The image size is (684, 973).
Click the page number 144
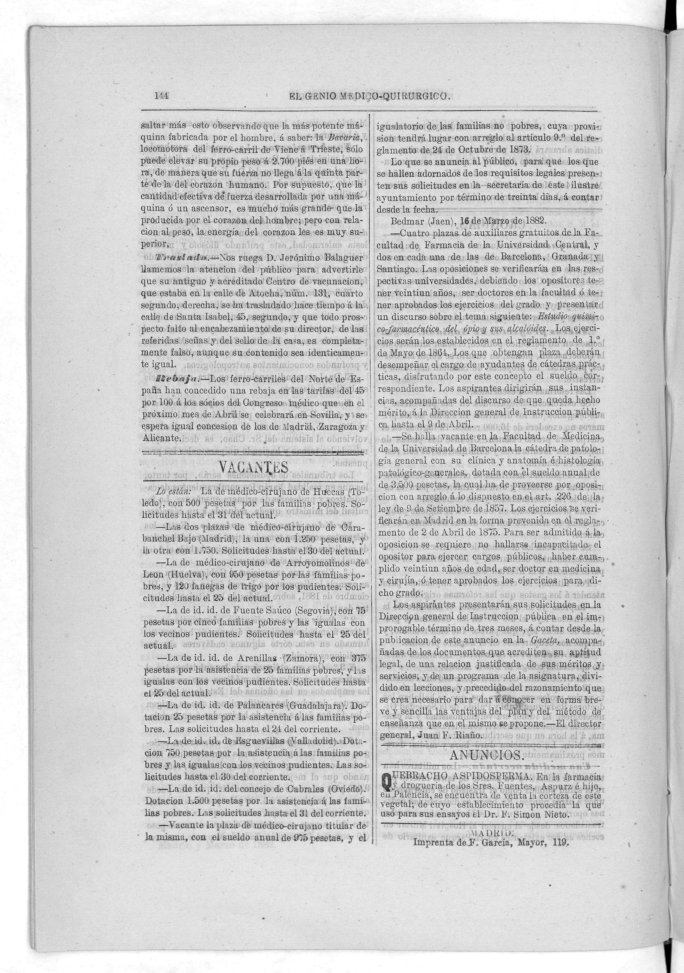161,96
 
